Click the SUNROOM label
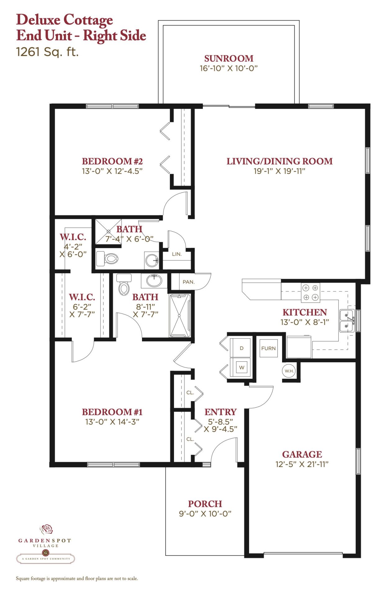229,58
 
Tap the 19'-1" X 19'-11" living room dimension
279,171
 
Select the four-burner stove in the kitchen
310,293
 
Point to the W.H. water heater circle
289,371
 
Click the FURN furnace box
268,348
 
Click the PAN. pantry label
189,282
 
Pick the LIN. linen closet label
177,254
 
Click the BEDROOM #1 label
112,412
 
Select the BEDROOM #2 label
112,161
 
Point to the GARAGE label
302,454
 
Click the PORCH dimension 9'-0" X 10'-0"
205,514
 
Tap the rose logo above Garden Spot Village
46,529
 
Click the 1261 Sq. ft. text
47,52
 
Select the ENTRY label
220,412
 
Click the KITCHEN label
304,312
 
